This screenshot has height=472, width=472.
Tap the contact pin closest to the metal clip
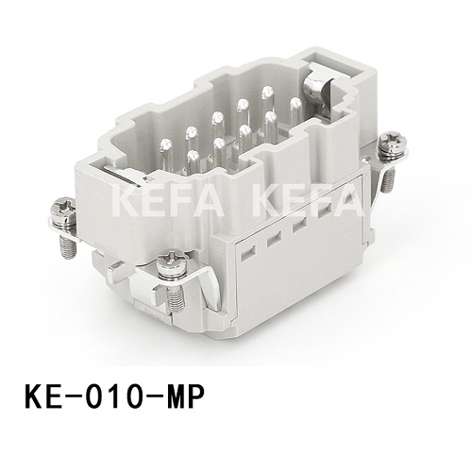295,103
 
